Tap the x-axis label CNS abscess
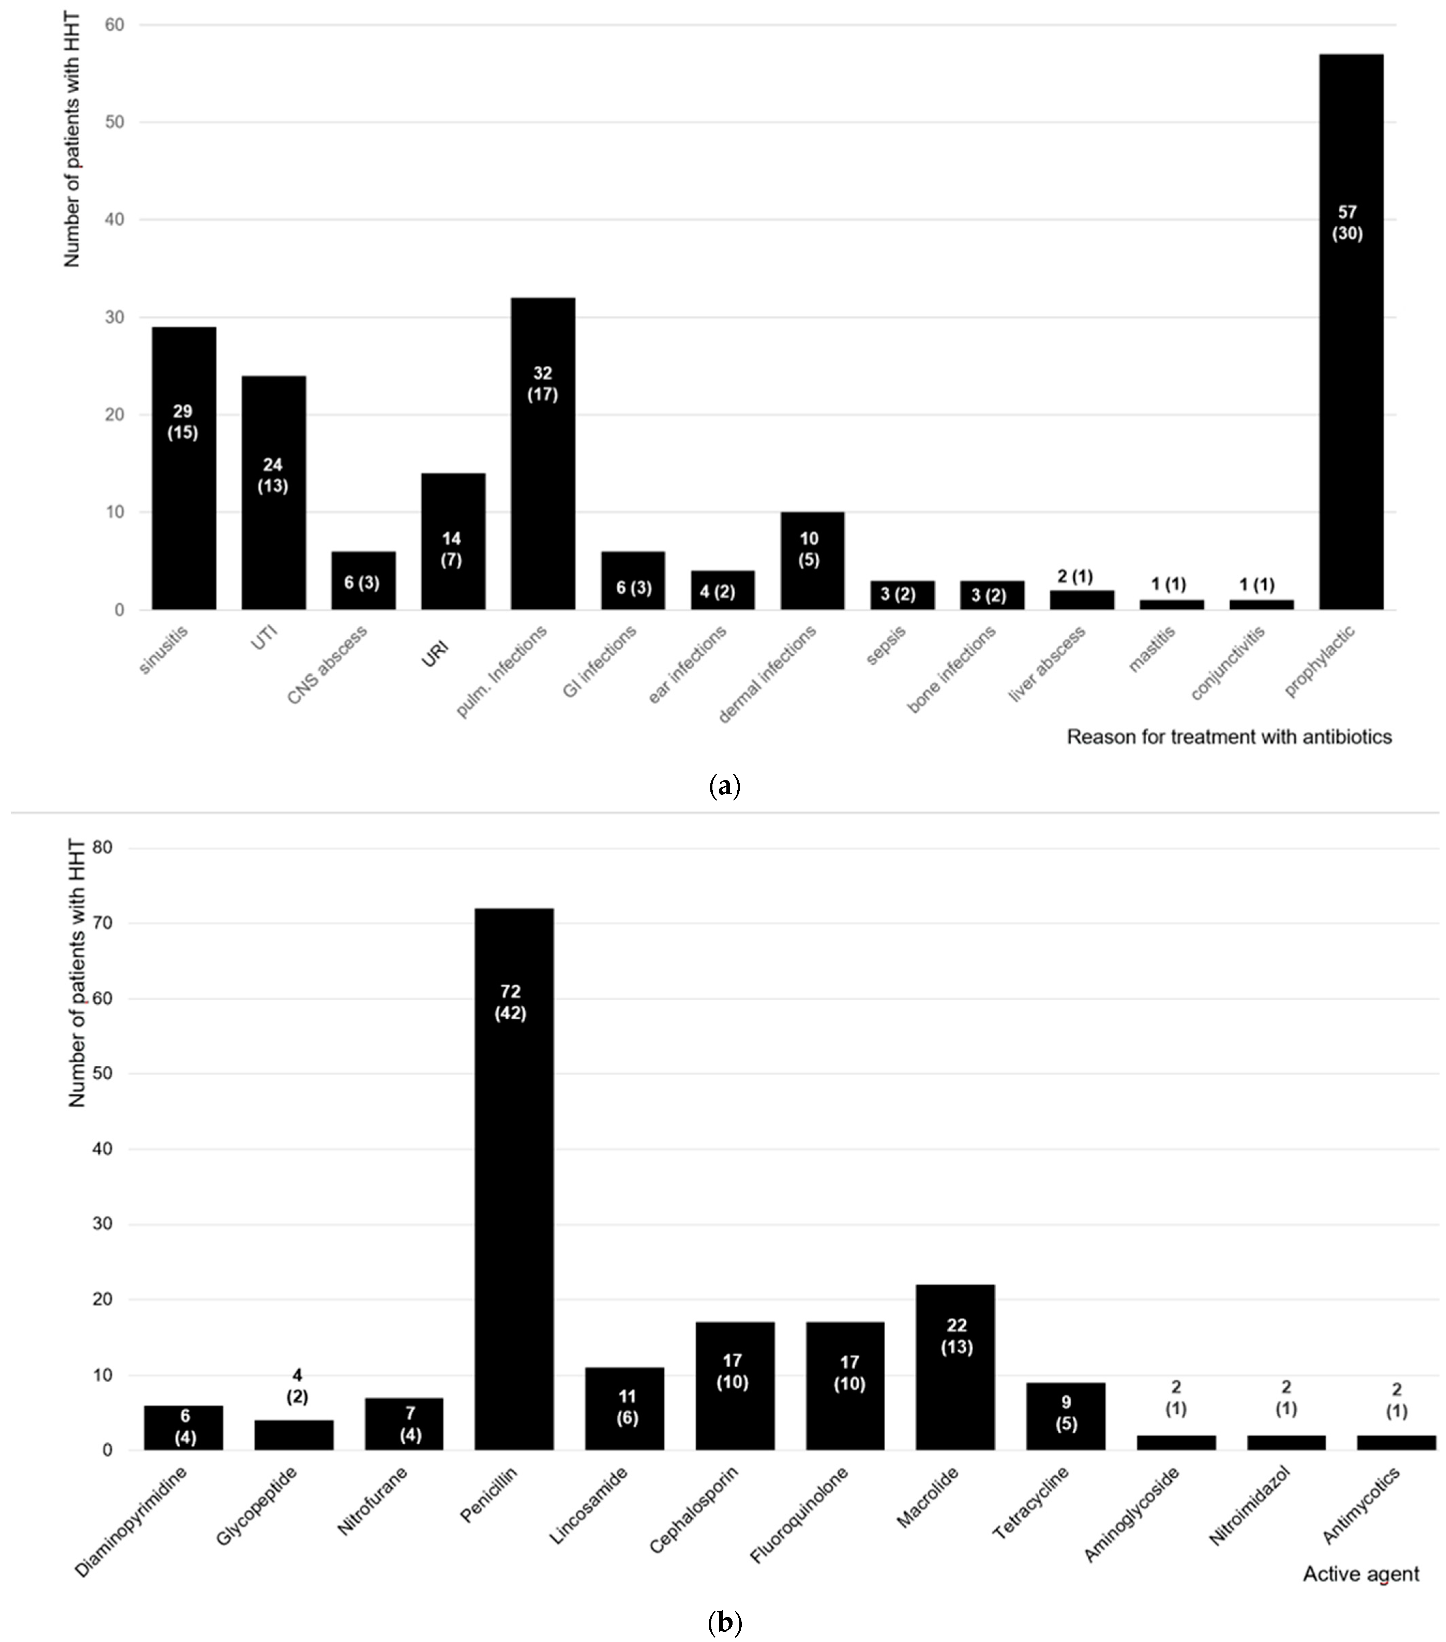point(327,664)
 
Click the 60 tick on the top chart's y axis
point(114,25)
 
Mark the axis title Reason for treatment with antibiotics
point(1228,737)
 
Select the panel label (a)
point(725,786)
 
